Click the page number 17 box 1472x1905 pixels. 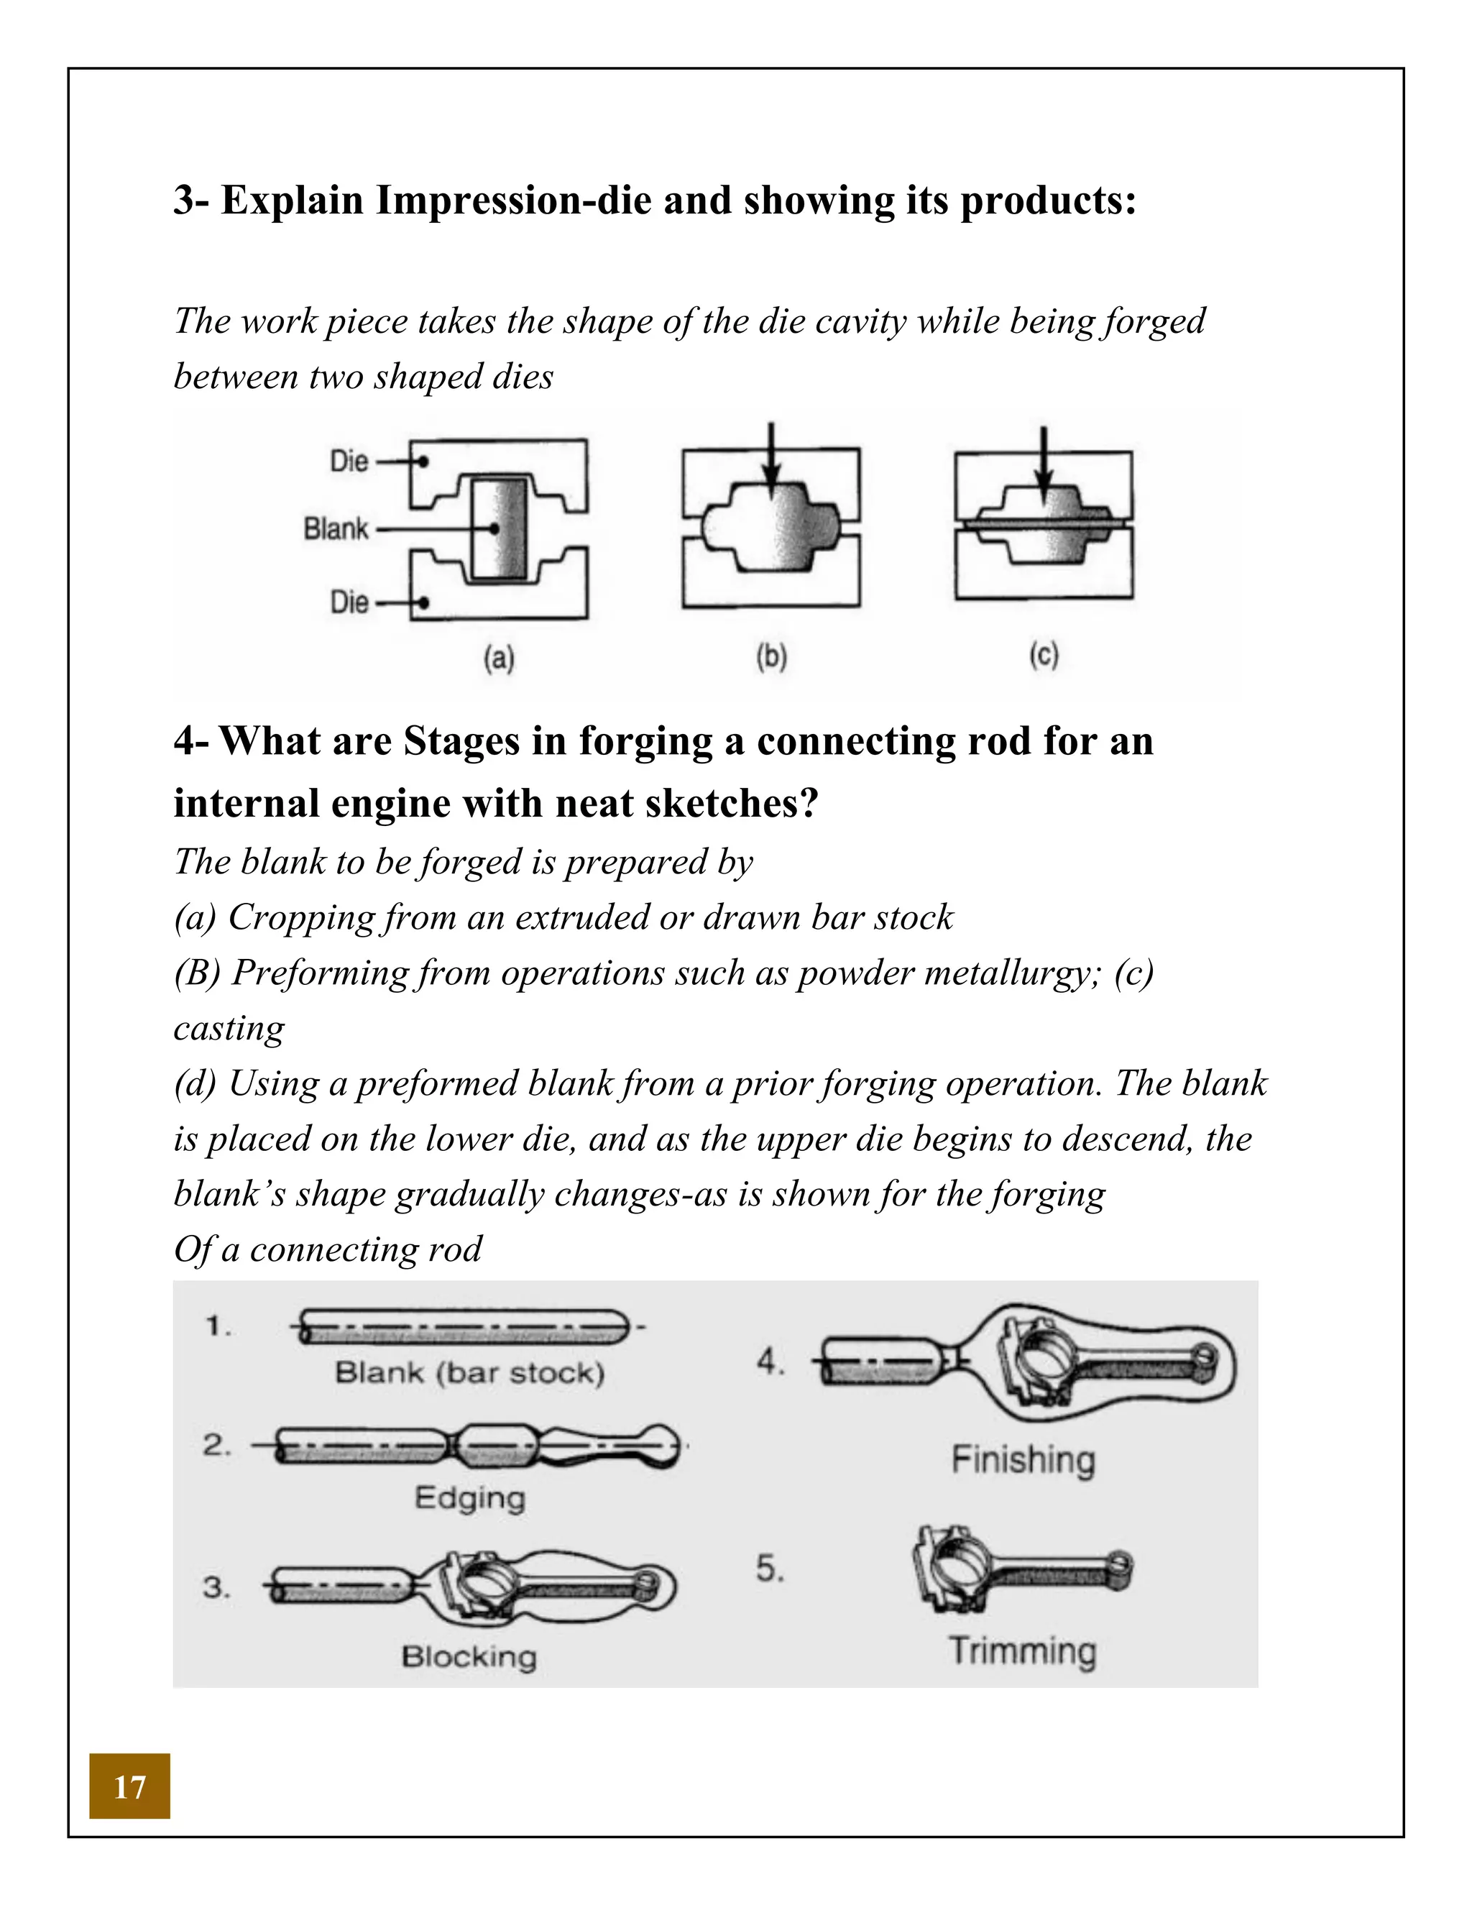tap(129, 1786)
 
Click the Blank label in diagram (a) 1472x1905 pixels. tap(336, 528)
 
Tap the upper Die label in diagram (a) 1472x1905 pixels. tap(349, 462)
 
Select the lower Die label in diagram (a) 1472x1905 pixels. tap(349, 602)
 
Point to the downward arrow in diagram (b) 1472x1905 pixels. tap(770, 462)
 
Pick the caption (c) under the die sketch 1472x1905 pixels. tap(1043, 654)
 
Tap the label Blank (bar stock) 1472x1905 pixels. tap(469, 1373)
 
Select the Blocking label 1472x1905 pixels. tap(469, 1656)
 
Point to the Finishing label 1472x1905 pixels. tap(1022, 1460)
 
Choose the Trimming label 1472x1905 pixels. tap(1022, 1651)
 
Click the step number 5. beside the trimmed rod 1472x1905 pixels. tap(769, 1569)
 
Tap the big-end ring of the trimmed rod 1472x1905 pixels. tap(955, 1570)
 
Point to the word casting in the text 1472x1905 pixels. tap(229, 1029)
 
